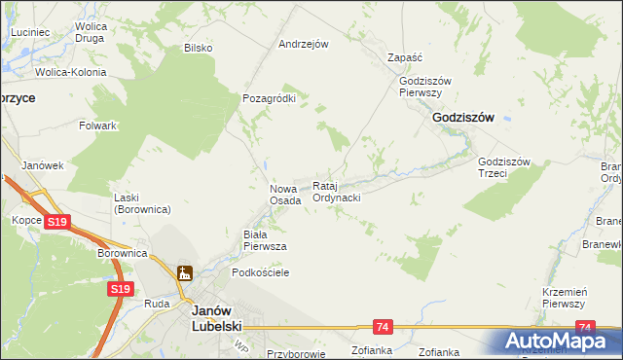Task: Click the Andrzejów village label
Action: (304, 44)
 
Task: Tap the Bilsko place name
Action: (198, 48)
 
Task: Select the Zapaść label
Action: (404, 57)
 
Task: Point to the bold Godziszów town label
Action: (462, 117)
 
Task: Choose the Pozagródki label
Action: (269, 98)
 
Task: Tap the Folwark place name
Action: (98, 126)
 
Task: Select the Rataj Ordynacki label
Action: (337, 192)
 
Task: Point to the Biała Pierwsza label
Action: (264, 240)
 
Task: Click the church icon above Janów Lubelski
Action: (184, 275)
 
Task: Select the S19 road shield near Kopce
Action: (57, 223)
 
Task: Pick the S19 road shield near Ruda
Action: (120, 289)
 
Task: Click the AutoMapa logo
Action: (559, 342)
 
